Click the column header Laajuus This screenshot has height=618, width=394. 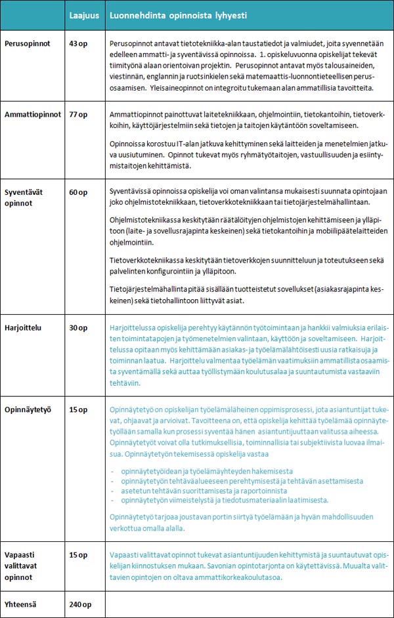[x=83, y=14]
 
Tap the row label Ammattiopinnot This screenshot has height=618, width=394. [x=30, y=114]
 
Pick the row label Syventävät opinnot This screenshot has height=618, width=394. [x=23, y=197]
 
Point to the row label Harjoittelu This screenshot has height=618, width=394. [x=24, y=327]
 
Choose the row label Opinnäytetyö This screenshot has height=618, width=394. [x=28, y=409]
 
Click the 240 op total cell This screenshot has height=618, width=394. [x=80, y=605]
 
